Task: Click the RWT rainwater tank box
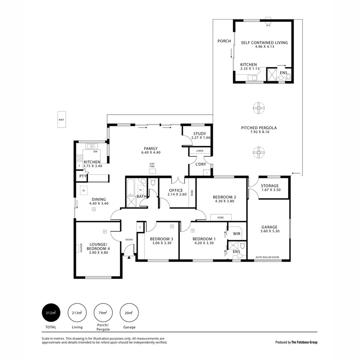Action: tap(61, 120)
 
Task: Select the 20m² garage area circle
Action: tap(129, 312)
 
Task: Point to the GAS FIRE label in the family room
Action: tap(152, 165)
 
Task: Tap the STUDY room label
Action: tap(199, 134)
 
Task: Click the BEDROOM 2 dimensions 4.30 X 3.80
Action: tap(224, 201)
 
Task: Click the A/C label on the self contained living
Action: tap(268, 25)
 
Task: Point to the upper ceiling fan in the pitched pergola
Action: tap(259, 107)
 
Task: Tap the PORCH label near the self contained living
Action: tap(224, 41)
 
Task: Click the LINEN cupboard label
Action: tap(200, 151)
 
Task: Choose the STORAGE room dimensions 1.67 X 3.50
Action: tap(270, 190)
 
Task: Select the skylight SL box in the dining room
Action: tap(84, 190)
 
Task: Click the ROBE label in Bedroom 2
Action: tap(220, 218)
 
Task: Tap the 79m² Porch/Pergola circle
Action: tap(102, 312)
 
